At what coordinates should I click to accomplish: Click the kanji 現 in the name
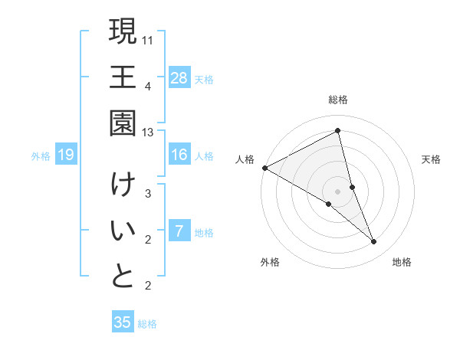tap(123, 32)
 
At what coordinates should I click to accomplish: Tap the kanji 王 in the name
tap(123, 77)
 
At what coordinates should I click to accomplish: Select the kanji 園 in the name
tap(123, 123)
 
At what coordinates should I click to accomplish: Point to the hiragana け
tap(123, 185)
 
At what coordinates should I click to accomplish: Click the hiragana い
tap(123, 231)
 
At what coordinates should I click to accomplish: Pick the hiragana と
tap(123, 277)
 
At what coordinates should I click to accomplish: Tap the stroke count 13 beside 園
tap(148, 132)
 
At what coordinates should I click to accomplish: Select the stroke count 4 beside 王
tap(148, 85)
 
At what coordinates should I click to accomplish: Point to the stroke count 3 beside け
tap(148, 194)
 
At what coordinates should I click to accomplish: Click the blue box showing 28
tap(179, 77)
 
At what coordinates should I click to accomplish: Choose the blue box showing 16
tap(179, 155)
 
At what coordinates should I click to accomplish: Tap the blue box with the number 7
tap(179, 231)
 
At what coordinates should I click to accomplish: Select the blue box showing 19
tap(66, 155)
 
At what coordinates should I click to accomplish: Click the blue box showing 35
tap(123, 322)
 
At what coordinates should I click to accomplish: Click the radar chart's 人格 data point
tap(264, 167)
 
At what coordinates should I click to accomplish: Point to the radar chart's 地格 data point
tap(374, 242)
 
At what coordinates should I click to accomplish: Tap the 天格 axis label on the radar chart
tap(432, 159)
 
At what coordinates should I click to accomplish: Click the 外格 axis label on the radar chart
tap(270, 262)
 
